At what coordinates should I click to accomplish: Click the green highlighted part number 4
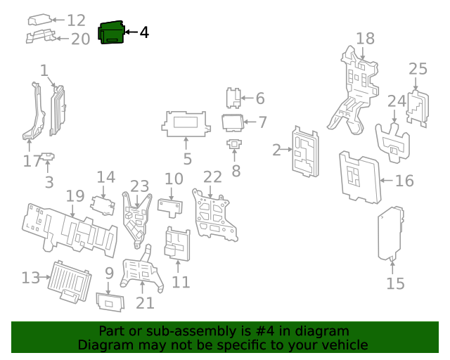click(x=111, y=34)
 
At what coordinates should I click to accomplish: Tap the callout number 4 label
click(x=143, y=32)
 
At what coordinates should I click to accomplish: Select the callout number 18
click(x=365, y=39)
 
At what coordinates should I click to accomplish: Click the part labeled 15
click(x=390, y=233)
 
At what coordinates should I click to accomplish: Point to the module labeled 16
click(x=360, y=177)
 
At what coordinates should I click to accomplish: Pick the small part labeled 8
click(x=234, y=146)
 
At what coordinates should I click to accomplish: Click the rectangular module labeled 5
click(x=186, y=124)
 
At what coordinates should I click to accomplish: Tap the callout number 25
click(x=418, y=69)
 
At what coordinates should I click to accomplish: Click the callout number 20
click(x=80, y=39)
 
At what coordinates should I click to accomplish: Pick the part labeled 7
click(x=233, y=122)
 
